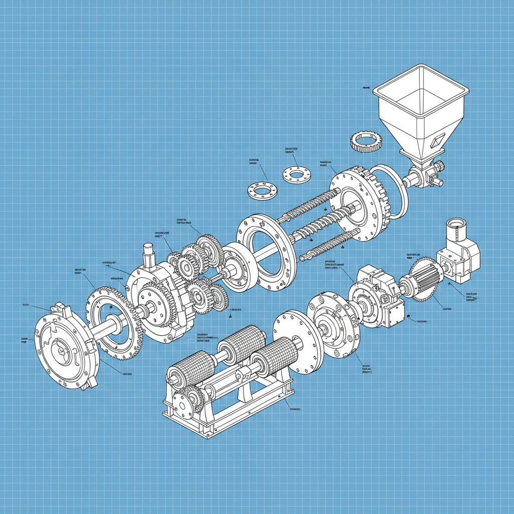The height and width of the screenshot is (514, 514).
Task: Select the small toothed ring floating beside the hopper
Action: coord(366,141)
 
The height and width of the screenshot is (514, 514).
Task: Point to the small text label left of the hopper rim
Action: coord(366,87)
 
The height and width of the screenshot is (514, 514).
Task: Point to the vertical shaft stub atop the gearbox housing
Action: coord(149,254)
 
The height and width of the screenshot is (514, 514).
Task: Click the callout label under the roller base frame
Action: coord(295,409)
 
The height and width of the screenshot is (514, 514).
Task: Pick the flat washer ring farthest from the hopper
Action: coord(262,191)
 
